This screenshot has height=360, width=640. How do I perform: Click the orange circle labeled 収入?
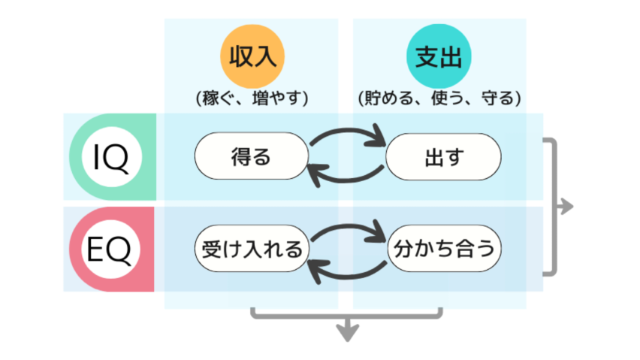click(252, 57)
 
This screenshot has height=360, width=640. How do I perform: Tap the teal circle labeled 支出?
click(439, 57)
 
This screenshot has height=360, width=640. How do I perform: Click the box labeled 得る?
click(252, 157)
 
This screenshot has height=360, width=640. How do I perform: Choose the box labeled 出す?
click(443, 157)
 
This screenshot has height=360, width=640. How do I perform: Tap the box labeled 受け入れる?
click(252, 249)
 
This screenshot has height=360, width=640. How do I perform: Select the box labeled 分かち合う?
click(443, 249)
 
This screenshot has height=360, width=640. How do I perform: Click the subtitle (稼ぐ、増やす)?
click(252, 98)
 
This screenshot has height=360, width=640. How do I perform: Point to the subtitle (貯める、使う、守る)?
click(439, 98)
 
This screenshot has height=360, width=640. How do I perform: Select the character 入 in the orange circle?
click(264, 57)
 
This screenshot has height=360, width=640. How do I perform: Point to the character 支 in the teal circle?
click(427, 57)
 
